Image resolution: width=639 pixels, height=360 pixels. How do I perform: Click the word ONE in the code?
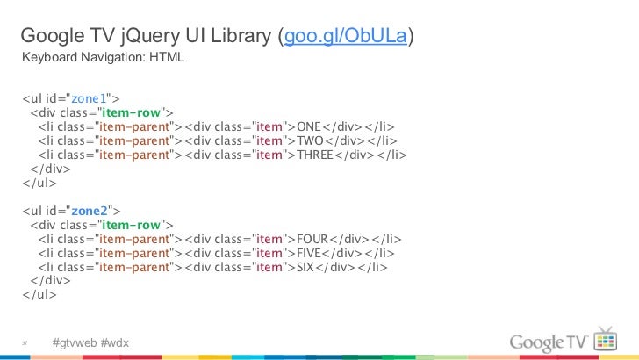(x=310, y=126)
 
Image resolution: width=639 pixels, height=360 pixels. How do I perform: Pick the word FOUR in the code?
(x=313, y=239)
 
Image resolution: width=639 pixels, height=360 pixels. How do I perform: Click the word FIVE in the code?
(x=311, y=253)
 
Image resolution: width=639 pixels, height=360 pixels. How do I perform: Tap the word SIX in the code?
(x=306, y=267)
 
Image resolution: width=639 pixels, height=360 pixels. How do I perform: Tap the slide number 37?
(x=26, y=342)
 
